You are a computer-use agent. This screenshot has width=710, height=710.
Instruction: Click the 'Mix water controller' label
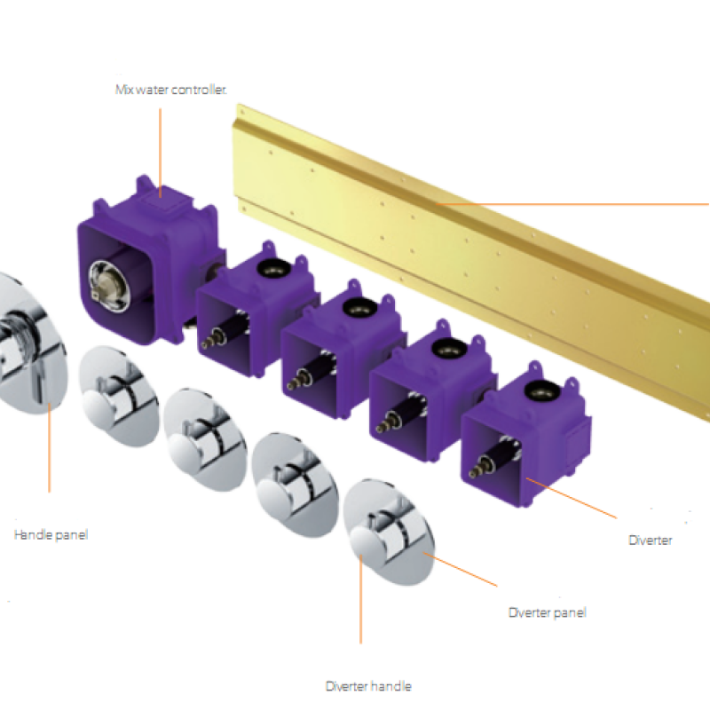click(x=170, y=90)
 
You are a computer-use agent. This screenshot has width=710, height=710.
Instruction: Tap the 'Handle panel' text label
click(x=51, y=535)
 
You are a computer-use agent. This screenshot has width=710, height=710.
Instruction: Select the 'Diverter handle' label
click(x=368, y=686)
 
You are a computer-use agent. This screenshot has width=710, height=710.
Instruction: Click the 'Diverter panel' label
click(x=547, y=612)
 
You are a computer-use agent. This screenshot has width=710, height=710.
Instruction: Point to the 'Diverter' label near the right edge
click(x=651, y=540)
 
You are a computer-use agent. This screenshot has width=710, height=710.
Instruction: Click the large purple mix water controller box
click(x=149, y=258)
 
